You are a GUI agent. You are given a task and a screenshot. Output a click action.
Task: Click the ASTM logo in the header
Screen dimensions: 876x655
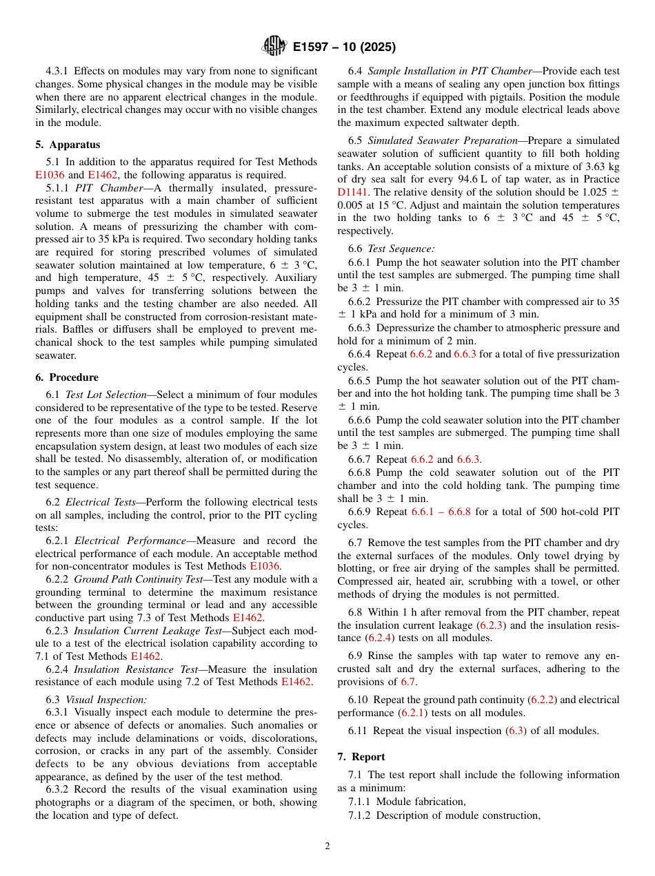click(274, 46)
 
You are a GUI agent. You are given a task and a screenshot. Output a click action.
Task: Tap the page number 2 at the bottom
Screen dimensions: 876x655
click(327, 846)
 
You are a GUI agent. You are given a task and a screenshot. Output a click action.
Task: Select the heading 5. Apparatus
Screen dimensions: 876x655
click(68, 145)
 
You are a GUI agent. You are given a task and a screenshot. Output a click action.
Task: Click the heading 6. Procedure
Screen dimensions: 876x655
click(67, 377)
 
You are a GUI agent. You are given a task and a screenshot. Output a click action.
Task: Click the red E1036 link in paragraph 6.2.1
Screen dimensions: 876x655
click(265, 566)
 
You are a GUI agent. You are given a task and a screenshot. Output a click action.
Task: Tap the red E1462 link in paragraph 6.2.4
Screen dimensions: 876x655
click(296, 682)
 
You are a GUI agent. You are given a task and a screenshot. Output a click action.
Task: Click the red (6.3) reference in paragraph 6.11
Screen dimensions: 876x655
click(516, 731)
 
